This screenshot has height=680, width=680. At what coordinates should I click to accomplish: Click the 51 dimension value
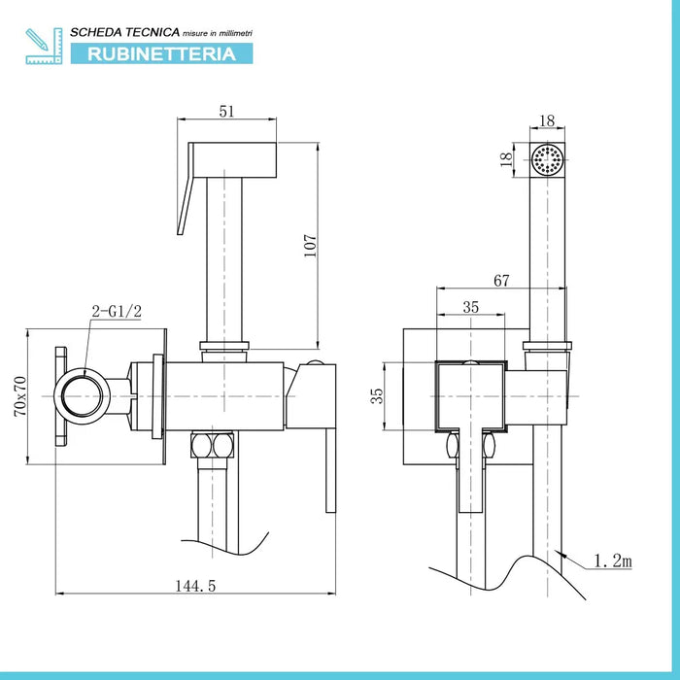226,112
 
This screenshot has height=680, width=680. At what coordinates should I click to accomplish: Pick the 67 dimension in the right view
501,281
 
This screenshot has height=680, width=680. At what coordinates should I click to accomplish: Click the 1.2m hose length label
615,561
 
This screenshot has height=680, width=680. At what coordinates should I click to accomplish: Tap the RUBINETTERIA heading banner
161,53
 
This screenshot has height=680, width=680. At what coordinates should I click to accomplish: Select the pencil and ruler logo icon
43,46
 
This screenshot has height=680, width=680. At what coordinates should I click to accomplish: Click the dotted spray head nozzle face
549,159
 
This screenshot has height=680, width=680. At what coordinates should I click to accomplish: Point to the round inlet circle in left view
84,398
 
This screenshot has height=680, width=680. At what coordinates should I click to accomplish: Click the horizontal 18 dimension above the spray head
546,120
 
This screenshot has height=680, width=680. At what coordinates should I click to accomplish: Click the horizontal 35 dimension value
471,307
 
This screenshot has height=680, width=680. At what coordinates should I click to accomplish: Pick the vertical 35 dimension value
379,395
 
